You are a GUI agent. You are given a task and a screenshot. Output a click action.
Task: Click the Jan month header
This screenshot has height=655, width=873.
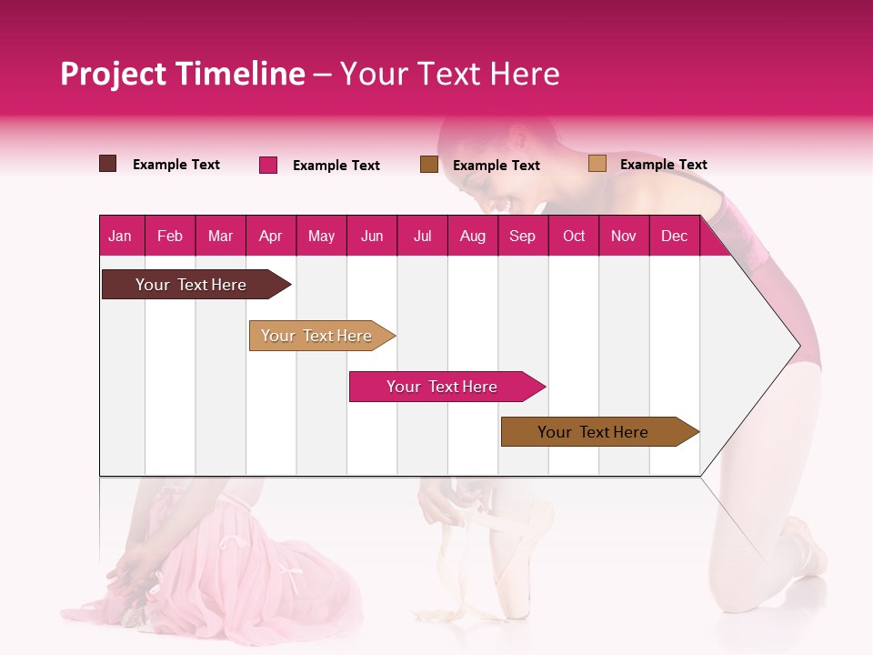(120, 237)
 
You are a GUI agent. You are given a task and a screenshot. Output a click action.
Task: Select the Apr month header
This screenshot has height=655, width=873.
(271, 237)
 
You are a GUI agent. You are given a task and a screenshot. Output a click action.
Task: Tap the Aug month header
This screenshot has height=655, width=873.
(472, 237)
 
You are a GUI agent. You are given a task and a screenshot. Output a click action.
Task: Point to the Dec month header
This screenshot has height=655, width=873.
(674, 237)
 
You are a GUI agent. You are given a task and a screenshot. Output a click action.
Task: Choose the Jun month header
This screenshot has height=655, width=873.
(372, 237)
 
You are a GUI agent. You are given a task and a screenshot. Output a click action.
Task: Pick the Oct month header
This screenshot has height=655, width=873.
(574, 237)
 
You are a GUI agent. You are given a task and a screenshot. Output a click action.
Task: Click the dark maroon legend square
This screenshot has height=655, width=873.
(108, 164)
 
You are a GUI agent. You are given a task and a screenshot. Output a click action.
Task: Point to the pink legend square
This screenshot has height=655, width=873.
(268, 165)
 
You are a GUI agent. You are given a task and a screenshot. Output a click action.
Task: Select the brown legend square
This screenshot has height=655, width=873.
(429, 165)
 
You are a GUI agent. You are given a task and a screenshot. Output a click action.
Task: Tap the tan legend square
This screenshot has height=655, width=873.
(597, 164)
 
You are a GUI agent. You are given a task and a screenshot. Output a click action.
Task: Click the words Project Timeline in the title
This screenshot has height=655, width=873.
(183, 74)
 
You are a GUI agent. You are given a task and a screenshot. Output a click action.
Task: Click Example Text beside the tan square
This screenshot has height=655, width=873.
(663, 165)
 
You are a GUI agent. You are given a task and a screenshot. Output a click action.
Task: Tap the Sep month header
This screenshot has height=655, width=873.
(522, 237)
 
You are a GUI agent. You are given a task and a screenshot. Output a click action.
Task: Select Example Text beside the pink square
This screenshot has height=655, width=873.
(336, 166)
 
